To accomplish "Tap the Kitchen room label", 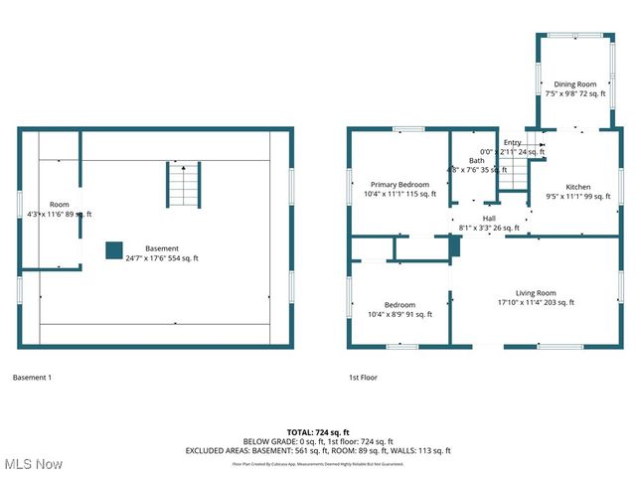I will [x=578, y=187].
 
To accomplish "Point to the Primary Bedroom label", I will [x=399, y=185].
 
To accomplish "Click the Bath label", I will [x=477, y=161].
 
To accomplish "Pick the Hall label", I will [x=489, y=219].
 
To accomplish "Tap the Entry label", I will [x=512, y=143].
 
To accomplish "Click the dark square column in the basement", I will [x=113, y=250].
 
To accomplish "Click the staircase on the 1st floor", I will [x=511, y=176].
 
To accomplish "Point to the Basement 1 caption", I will [x=33, y=378].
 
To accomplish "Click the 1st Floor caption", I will [x=363, y=378].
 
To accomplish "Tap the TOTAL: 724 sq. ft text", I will [x=318, y=432].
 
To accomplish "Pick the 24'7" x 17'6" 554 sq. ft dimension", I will [x=162, y=258].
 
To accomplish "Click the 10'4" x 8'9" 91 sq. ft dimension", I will [x=399, y=315].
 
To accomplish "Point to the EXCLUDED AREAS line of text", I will [x=318, y=450].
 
